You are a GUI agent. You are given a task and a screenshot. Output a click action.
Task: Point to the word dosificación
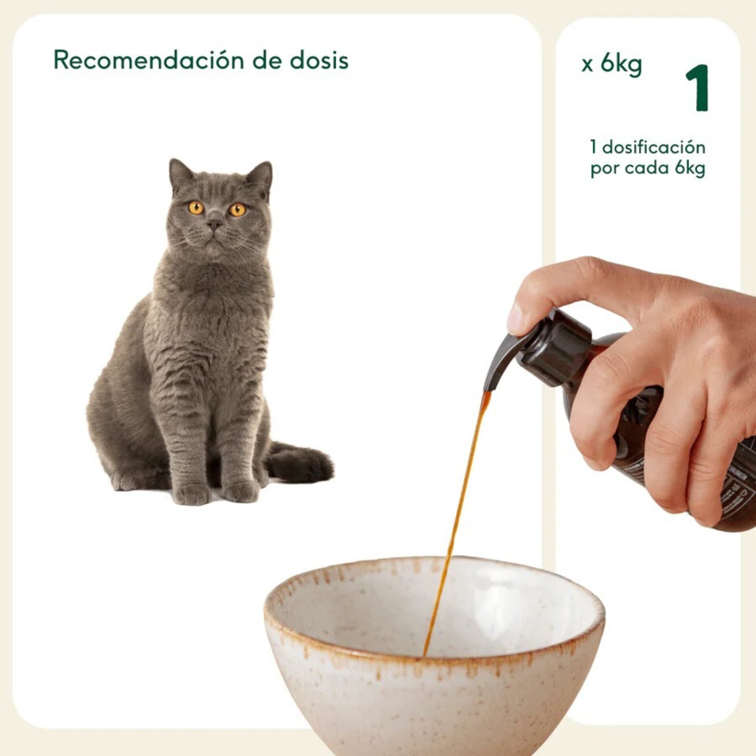tap(654, 148)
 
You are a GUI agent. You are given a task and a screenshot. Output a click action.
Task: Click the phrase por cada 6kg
tap(648, 169)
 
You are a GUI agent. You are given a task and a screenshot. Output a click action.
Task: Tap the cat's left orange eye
tap(196, 208)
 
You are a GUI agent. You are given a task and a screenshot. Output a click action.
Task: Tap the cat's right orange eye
tap(237, 209)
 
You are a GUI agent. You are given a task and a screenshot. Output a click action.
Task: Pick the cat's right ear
tap(262, 174)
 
